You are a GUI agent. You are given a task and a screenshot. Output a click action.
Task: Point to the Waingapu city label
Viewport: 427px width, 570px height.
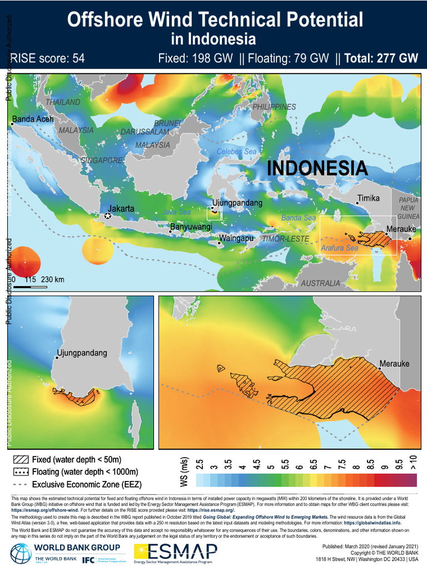tap(237, 238)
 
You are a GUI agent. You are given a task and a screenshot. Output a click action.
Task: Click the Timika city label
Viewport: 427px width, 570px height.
tap(368, 198)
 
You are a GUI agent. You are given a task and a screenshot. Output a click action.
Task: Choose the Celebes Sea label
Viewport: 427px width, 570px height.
tap(236, 151)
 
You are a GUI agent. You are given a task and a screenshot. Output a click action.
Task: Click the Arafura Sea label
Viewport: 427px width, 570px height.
tap(340, 248)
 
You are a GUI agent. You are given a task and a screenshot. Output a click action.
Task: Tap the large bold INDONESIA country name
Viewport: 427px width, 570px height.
tap(317, 168)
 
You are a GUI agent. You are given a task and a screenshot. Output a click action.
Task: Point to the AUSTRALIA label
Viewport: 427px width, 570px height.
tap(320, 283)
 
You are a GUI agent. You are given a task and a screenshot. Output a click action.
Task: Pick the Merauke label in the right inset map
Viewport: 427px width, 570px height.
tap(394, 364)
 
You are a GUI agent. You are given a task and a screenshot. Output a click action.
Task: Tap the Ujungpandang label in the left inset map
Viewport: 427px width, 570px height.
tap(82, 353)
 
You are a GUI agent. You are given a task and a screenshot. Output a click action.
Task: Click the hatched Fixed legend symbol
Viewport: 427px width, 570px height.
tap(21, 460)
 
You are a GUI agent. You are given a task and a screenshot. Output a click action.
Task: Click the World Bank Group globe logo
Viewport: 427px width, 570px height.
tap(21, 553)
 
